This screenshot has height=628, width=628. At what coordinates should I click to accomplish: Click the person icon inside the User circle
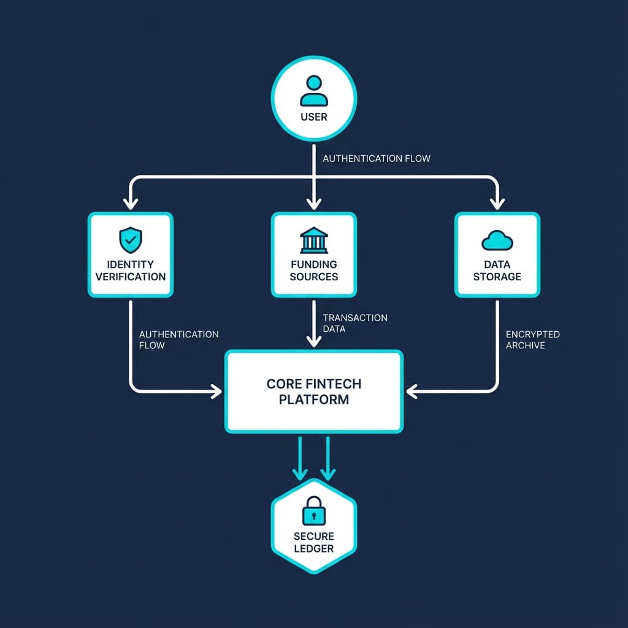pos(314,91)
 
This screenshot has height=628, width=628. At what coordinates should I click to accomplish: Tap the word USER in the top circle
pos(314,117)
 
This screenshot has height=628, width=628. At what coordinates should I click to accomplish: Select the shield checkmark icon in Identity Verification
pos(130,240)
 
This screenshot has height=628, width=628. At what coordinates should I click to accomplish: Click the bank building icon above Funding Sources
pos(314,240)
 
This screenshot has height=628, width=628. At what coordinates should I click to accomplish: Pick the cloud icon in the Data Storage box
pos(497,240)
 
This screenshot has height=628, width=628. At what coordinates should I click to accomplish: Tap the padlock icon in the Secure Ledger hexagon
pos(314,510)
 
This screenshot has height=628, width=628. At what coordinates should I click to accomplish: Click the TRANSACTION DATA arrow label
pos(354,323)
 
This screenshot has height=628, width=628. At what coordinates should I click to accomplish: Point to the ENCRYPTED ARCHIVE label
pos(532,340)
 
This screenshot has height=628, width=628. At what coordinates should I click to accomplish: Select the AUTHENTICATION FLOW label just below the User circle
pos(376,158)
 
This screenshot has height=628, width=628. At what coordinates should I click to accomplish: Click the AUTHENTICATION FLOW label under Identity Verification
pos(178,340)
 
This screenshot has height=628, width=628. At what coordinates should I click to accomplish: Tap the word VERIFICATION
pos(131,277)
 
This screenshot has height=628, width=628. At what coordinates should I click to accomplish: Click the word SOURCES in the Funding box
pos(314,277)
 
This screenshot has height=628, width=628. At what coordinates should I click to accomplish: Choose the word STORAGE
pos(497,277)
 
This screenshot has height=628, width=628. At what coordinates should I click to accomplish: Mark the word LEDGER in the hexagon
pos(314,548)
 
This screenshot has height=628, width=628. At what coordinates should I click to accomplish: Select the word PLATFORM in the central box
pos(314,400)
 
